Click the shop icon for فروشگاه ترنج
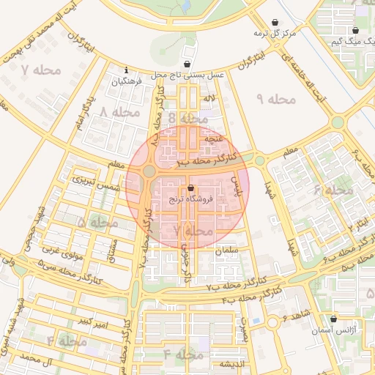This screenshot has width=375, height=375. [x=191, y=187]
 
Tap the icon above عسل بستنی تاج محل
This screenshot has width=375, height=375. [x=187, y=64]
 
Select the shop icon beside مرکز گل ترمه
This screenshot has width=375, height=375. [x=275, y=23]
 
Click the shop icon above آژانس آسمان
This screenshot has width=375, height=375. [x=334, y=319]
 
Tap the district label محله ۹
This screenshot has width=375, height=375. [x=275, y=98]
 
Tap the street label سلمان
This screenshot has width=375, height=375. [x=227, y=250]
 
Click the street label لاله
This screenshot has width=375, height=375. [x=209, y=98]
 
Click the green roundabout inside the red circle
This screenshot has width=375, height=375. [x=149, y=171]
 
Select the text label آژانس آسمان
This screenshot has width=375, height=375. [x=327, y=331]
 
